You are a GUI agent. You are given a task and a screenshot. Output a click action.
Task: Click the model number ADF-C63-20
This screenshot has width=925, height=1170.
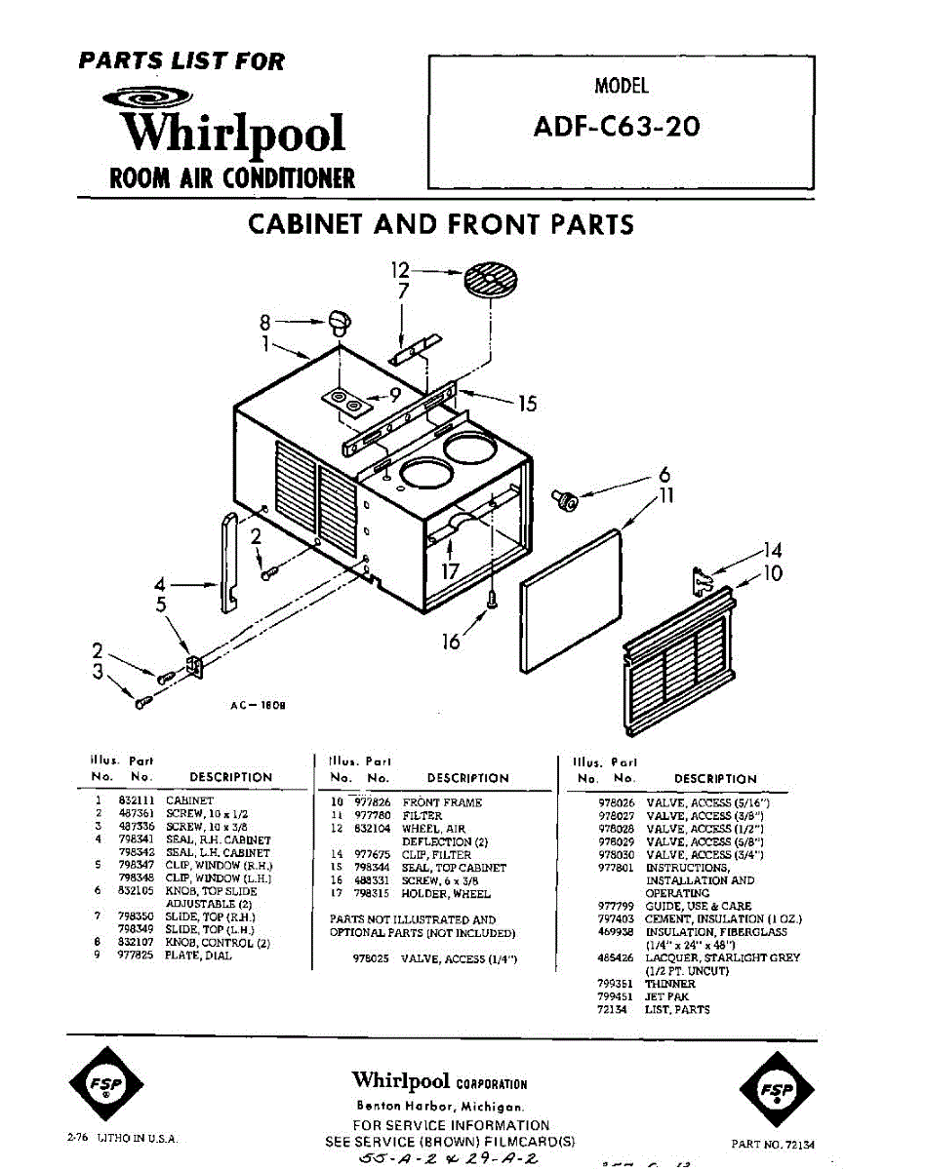(x=616, y=128)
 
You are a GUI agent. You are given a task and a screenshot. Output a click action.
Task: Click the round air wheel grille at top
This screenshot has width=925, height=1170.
(x=491, y=282)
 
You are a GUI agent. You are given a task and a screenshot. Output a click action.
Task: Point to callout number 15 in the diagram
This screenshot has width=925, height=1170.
(x=527, y=403)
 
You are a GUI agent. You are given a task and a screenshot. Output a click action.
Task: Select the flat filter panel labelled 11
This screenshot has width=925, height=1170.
(x=572, y=603)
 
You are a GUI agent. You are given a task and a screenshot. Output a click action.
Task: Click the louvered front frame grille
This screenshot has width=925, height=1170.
(x=679, y=668)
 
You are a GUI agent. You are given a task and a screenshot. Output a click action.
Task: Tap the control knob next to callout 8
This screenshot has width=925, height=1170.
(x=340, y=320)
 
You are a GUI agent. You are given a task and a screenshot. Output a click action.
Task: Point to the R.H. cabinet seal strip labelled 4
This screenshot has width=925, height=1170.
(x=229, y=563)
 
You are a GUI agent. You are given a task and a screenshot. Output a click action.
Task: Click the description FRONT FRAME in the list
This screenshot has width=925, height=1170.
(x=442, y=802)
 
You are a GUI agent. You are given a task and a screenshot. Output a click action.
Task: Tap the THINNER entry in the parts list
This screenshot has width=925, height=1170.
(x=670, y=984)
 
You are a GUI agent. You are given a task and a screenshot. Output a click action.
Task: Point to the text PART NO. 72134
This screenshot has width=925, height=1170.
(x=773, y=1145)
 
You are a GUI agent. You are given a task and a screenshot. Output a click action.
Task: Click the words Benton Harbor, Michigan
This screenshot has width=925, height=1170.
(x=440, y=1107)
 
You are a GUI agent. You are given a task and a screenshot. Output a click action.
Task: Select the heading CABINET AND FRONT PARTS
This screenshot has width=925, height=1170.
(x=441, y=224)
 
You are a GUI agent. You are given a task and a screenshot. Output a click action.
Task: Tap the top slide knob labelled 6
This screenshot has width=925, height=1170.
(x=567, y=500)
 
